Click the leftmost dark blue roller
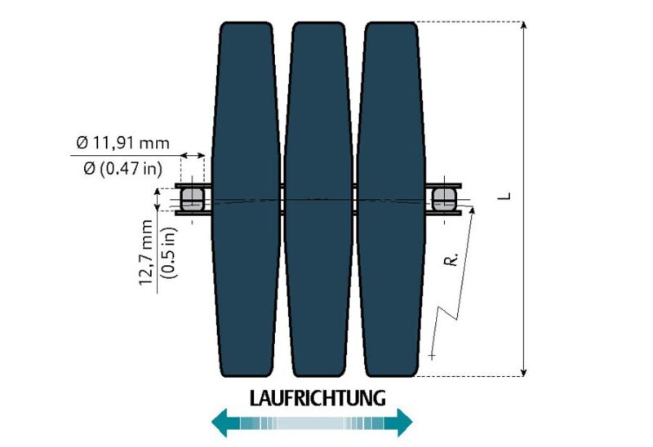pos(247,199)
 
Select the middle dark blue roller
pos(318,199)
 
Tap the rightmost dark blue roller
pos(391,199)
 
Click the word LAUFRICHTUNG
pos(318,398)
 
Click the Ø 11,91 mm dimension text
pos(123,144)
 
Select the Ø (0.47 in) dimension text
pos(122,169)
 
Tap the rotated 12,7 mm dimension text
pos(146,252)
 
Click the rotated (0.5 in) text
pos(169,253)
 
